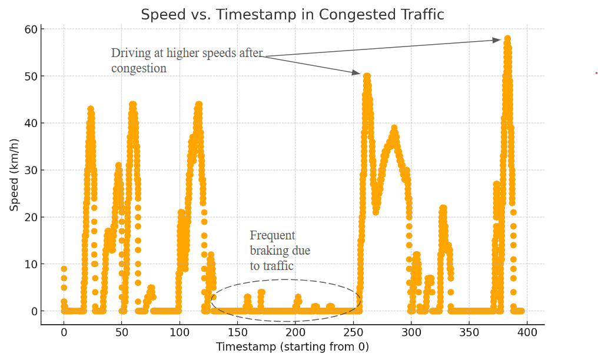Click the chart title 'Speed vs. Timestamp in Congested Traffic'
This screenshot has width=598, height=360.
(292, 15)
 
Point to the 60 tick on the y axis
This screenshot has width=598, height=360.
(31, 29)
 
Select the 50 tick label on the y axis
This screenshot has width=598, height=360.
(31, 76)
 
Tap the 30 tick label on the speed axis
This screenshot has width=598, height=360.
(31, 171)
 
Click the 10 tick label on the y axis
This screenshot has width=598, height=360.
(31, 265)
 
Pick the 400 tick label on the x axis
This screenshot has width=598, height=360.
(527, 333)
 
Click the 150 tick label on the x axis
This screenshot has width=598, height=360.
(237, 333)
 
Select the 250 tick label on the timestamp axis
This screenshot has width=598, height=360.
(353, 333)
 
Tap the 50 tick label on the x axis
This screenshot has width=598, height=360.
(122, 333)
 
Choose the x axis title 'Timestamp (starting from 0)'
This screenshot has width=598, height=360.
(292, 347)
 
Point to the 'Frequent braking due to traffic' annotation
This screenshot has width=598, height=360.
(280, 251)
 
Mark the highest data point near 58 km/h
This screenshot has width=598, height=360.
(507, 39)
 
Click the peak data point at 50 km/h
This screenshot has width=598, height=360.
(367, 76)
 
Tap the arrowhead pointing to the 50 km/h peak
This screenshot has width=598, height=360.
(356, 73)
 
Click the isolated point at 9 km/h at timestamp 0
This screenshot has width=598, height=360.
(64, 269)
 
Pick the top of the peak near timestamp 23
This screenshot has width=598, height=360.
(91, 109)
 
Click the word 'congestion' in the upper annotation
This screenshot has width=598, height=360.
(139, 68)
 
